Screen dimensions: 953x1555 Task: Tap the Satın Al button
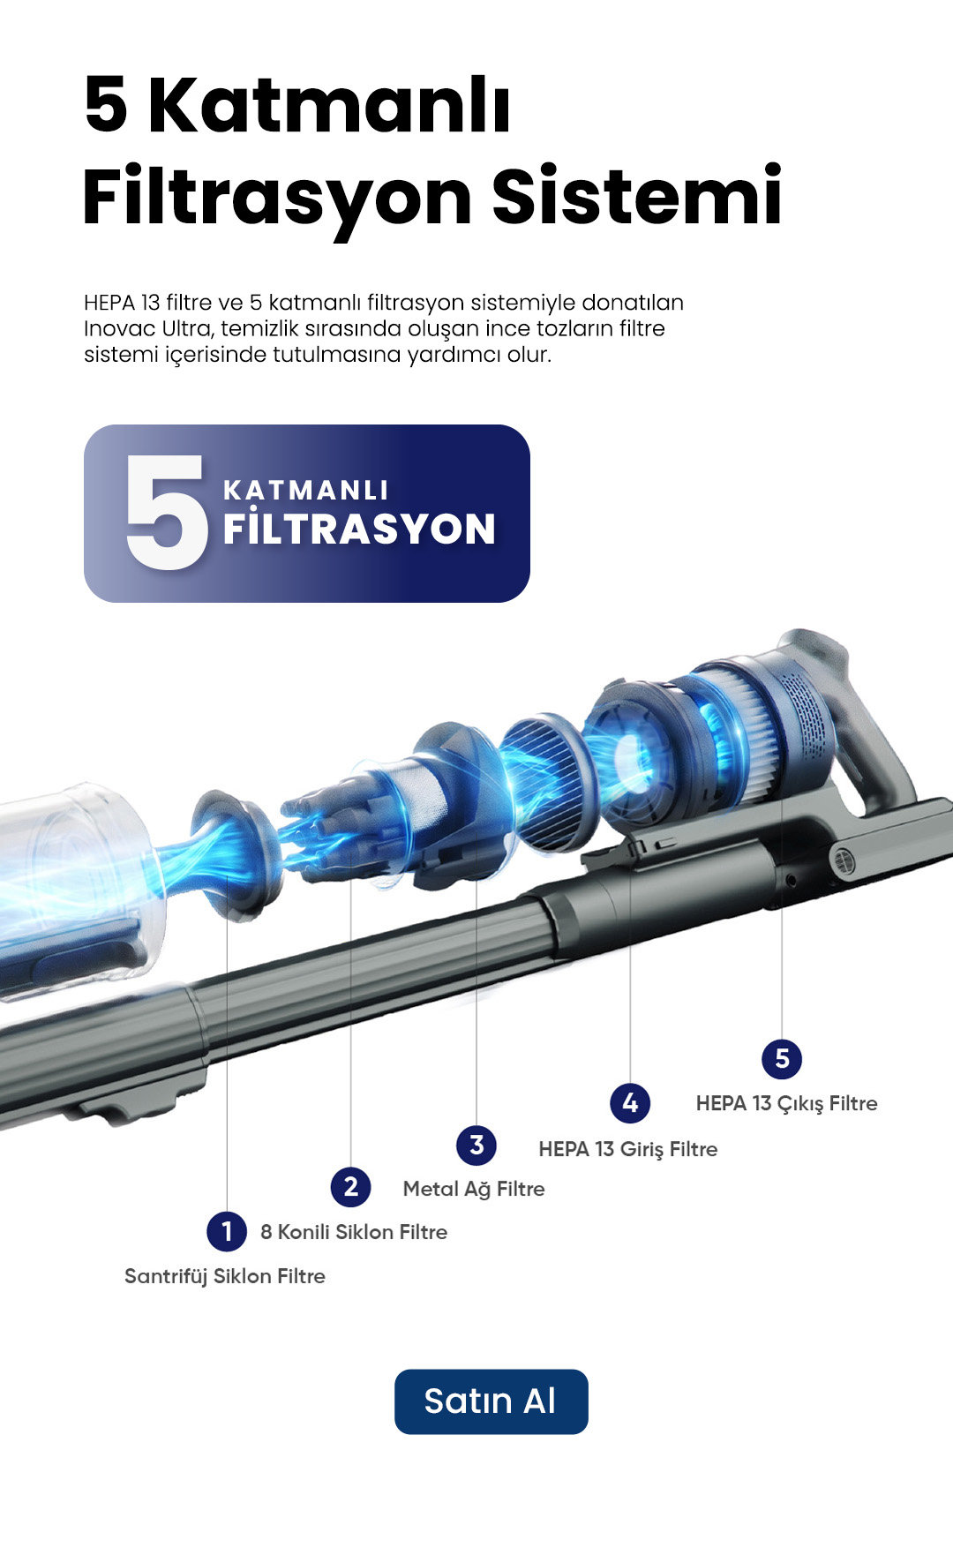coord(491,1401)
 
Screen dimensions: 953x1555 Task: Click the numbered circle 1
coord(227,1231)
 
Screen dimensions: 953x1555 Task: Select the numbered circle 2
coord(351,1187)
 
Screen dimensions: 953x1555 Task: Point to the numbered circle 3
coord(476,1146)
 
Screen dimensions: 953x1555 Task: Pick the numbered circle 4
coord(630,1102)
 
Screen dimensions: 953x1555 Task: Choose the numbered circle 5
coord(782,1058)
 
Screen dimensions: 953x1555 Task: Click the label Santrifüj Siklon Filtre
coord(225,1276)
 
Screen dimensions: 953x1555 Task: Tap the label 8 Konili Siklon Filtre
coord(354,1232)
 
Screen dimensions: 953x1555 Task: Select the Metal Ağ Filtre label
coord(474,1190)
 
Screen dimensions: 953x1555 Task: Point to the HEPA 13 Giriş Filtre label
coord(628,1149)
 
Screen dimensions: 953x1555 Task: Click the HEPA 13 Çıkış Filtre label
coord(787,1104)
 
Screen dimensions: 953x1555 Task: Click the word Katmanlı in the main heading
coord(329,105)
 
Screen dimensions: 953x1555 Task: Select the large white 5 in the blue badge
coord(168,512)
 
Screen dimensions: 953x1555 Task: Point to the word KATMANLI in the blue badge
coord(306,491)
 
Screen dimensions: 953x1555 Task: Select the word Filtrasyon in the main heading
coord(277,199)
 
